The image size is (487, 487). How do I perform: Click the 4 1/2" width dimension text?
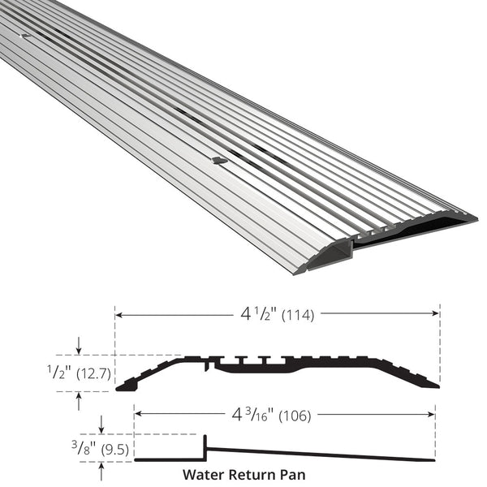(x=260, y=314)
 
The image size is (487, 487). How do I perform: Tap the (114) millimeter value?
(x=298, y=316)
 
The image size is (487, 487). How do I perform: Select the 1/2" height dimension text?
(x=59, y=372)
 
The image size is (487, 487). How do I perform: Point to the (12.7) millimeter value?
(x=94, y=373)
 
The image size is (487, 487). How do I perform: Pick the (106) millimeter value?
(x=295, y=416)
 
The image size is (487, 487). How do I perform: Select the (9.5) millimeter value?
(x=115, y=450)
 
